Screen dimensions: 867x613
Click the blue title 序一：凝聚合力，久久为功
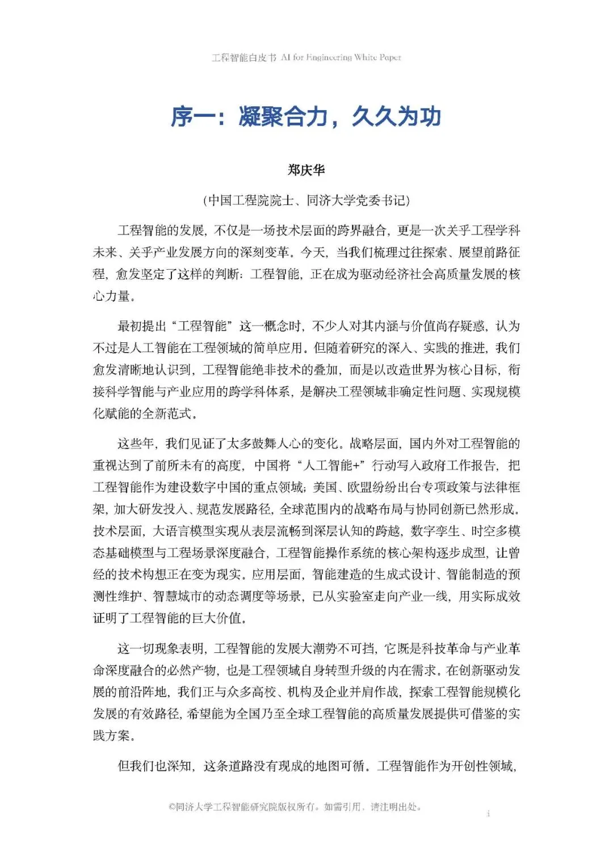coord(306,116)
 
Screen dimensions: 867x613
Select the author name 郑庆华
coord(306,170)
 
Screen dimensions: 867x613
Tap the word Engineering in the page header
coord(329,57)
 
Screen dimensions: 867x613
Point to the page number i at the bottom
coord(488,814)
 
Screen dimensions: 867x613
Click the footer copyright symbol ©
coord(171,807)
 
